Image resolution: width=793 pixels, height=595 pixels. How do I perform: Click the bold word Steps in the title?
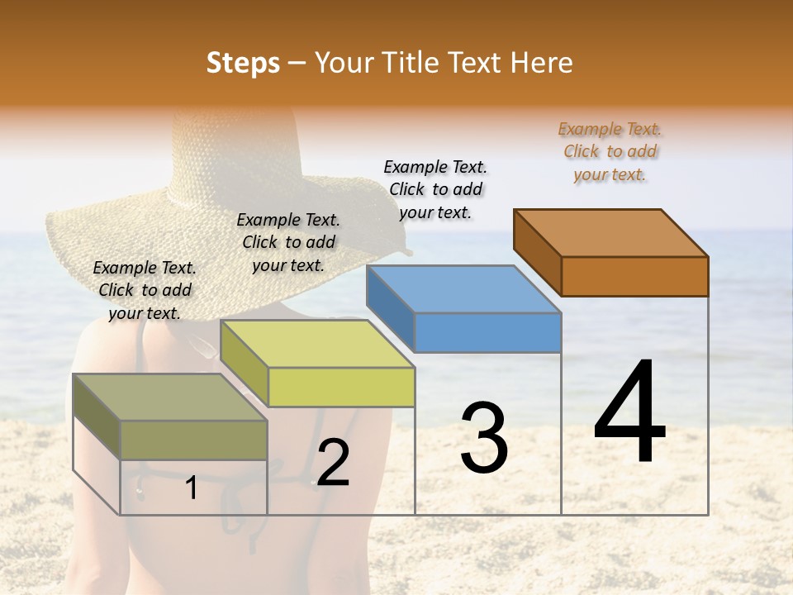243,63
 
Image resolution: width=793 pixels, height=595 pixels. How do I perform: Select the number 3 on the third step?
484,438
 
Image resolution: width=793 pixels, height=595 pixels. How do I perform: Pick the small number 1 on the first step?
192,488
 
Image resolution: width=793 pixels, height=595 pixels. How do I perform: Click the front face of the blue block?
487,333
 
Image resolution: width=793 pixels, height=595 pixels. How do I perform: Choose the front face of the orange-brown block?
634,276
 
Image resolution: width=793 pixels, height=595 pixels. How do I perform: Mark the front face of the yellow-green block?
341,387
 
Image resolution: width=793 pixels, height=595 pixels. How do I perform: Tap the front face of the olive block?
194,440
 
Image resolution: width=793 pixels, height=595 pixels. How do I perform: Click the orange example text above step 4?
610,151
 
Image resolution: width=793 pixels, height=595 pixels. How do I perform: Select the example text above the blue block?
435,189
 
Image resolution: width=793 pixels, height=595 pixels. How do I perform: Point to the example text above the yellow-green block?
288,242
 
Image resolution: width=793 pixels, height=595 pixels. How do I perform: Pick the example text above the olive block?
145,290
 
